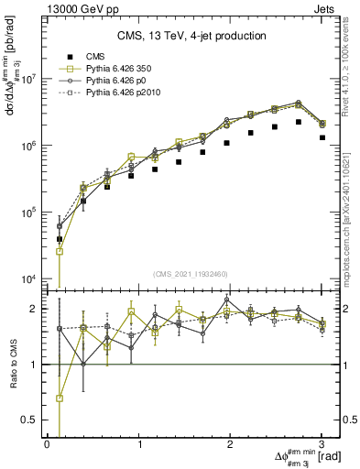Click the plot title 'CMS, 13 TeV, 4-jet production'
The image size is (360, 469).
(191, 36)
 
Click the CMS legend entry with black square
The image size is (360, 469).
(82, 56)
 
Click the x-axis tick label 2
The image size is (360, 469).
(231, 444)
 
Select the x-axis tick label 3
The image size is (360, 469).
(322, 444)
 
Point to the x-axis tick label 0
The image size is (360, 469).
(48, 444)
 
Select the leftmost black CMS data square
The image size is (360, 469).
(60, 239)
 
